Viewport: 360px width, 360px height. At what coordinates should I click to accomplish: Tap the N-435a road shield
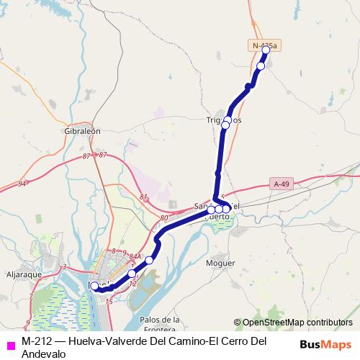point(265,45)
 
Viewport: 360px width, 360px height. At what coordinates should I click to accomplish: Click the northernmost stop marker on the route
point(266,50)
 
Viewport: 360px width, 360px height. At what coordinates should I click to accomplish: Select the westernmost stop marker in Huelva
point(94,286)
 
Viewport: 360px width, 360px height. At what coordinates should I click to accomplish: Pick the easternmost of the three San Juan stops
point(226,210)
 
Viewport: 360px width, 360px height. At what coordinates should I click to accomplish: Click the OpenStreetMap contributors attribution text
point(297,323)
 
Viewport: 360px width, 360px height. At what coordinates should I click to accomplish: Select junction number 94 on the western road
point(22,184)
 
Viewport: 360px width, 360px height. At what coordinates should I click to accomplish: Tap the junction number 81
point(143,197)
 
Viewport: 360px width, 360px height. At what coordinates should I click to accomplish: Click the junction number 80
point(164,217)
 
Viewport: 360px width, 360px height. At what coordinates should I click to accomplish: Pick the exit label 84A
point(135,264)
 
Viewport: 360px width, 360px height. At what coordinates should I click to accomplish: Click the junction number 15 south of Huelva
point(109,301)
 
